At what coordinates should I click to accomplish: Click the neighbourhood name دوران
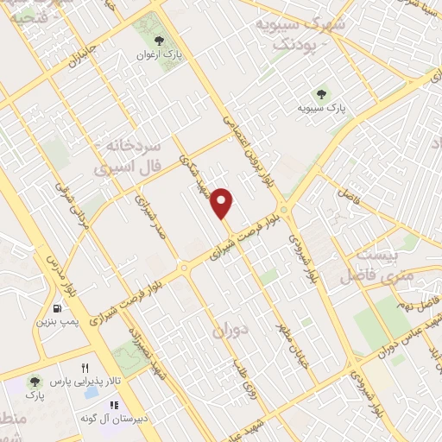[230, 330]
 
